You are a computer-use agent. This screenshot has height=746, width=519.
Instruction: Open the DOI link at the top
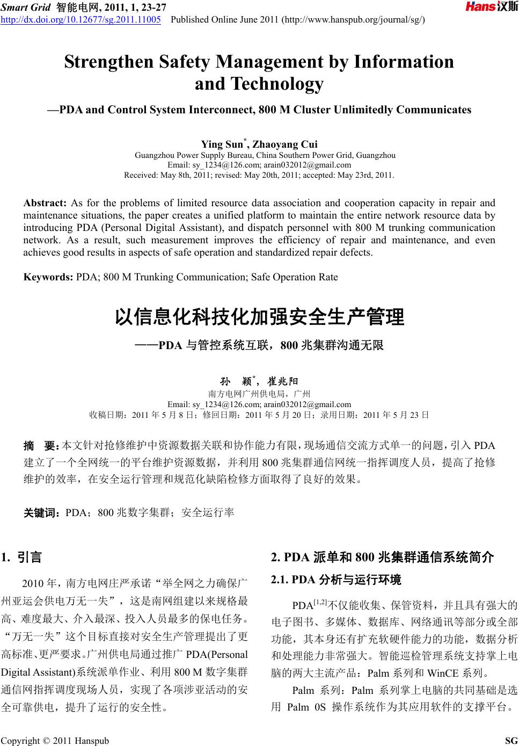82,20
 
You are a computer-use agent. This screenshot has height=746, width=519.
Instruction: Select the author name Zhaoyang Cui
285,144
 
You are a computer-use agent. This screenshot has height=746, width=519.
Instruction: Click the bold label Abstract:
45,203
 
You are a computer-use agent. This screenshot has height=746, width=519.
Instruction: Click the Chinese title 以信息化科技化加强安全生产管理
259,317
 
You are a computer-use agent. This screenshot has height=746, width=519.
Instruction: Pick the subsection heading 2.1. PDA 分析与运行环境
336,580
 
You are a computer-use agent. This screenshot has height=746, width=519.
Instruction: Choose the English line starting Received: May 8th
259,175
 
